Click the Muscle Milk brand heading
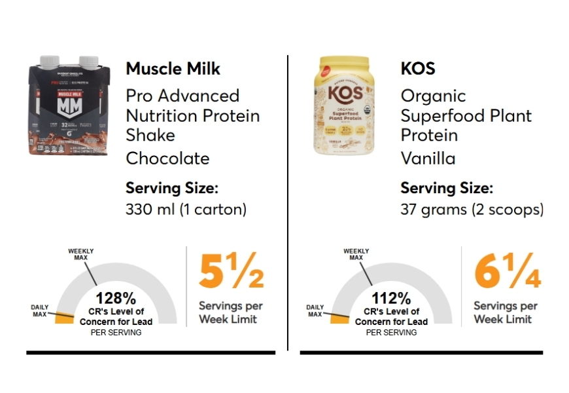[x=173, y=69]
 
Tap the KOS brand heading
[x=418, y=69]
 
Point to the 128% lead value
[x=116, y=299]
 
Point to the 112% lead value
[x=391, y=299]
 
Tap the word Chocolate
[x=167, y=159]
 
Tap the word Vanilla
[x=428, y=159]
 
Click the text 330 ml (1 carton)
[x=185, y=210]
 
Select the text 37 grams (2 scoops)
[x=472, y=210]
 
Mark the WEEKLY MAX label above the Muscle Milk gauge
[x=81, y=254]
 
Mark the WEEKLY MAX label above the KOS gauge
[x=356, y=254]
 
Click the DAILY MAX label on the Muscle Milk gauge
[x=40, y=310]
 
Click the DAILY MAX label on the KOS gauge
[x=315, y=310]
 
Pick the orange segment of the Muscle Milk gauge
[x=64, y=318]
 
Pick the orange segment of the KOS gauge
[x=339, y=318]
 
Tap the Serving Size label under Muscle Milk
[x=171, y=189]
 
